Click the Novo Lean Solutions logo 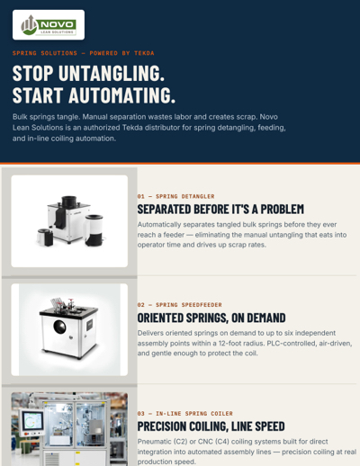(49, 25)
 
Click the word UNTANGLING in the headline (112, 74)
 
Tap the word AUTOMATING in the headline (121, 95)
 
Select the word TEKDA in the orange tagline (144, 53)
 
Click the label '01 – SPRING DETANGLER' (175, 196)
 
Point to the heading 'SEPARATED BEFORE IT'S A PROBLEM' (220, 210)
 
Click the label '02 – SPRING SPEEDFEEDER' (179, 305)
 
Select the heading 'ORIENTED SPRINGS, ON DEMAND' (211, 318)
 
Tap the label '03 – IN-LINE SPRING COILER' (184, 414)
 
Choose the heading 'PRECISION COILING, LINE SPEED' (211, 426)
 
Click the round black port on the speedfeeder (59, 327)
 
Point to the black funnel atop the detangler (69, 202)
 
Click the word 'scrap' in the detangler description (237, 245)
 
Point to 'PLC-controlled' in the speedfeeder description (292, 343)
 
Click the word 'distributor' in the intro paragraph (163, 128)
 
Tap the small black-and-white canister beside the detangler (45, 237)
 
